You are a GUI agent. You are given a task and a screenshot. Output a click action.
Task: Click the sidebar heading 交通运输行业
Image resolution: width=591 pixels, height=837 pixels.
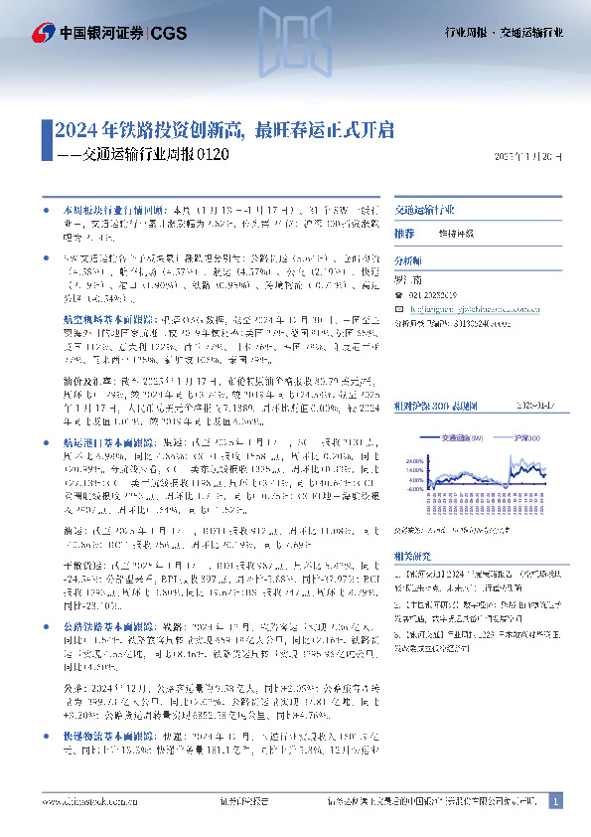424,211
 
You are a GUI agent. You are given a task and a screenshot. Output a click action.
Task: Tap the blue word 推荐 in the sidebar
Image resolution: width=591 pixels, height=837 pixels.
404,233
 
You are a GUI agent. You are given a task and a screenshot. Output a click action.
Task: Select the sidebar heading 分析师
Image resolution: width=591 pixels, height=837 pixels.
408,257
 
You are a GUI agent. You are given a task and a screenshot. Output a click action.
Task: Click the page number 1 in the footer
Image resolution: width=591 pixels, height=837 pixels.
555,800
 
